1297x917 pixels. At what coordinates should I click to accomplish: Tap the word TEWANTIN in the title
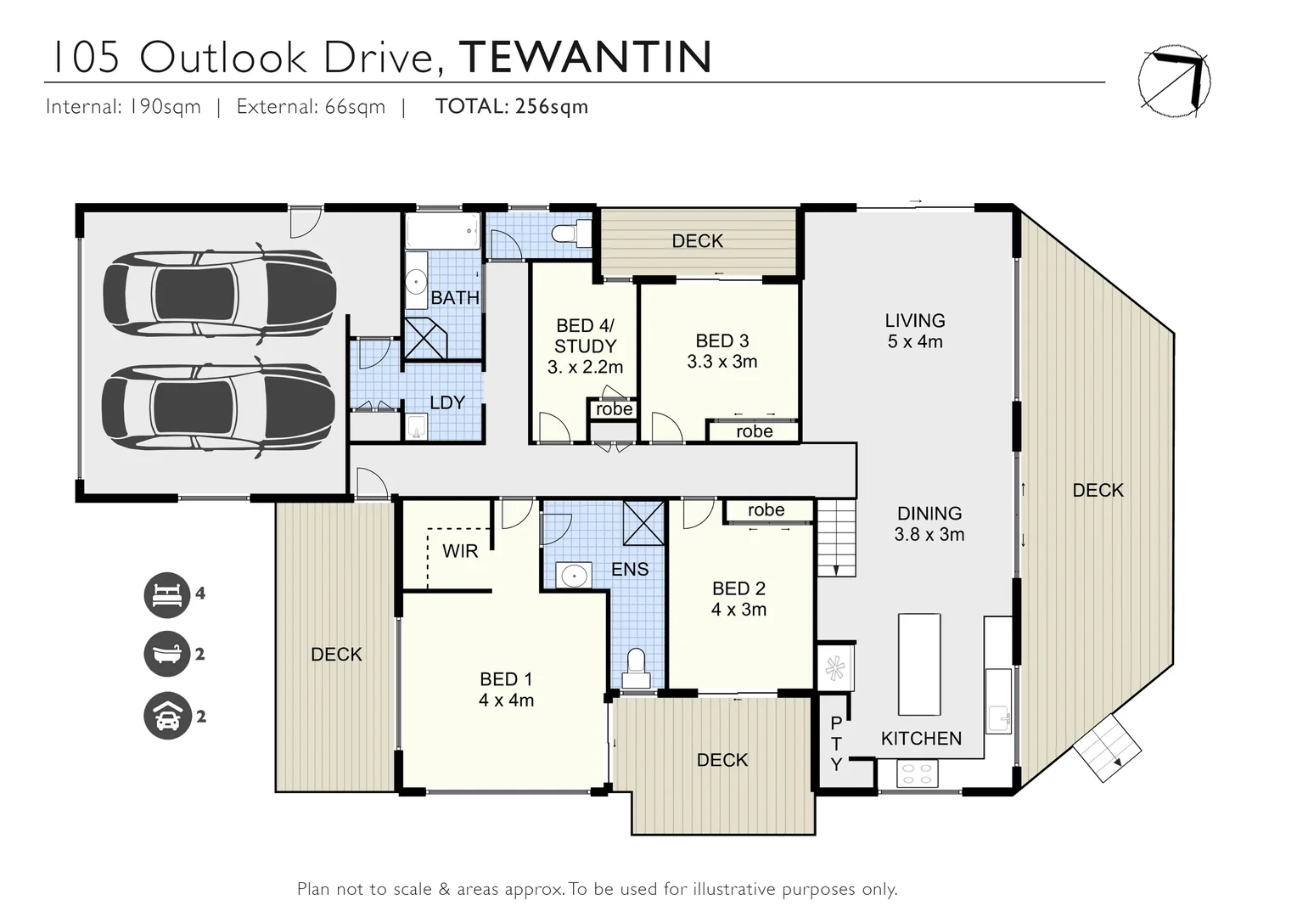(x=585, y=57)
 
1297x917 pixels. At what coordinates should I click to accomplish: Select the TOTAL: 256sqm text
(x=511, y=106)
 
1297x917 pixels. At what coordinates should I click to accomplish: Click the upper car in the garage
(x=219, y=293)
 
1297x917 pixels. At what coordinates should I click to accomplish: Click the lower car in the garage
(x=219, y=409)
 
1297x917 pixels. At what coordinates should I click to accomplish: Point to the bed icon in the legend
(x=166, y=594)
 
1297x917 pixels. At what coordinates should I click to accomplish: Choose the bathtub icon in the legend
(x=166, y=655)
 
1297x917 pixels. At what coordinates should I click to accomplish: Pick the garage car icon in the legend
(x=166, y=717)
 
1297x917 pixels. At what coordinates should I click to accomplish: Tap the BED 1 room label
(x=506, y=689)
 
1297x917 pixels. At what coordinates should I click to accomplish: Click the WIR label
(x=460, y=551)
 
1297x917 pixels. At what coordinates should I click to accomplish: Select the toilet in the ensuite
(x=636, y=670)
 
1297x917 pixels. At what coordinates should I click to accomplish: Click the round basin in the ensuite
(x=575, y=576)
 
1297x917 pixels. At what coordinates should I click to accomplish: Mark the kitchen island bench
(x=919, y=665)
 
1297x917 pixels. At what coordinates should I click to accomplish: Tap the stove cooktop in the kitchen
(x=918, y=774)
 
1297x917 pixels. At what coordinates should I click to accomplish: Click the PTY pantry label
(x=836, y=744)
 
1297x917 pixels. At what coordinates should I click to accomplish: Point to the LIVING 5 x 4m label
(x=914, y=331)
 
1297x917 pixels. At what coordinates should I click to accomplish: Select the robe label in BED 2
(x=766, y=510)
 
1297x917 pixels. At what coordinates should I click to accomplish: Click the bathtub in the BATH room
(x=442, y=231)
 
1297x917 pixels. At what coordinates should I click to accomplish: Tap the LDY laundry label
(x=446, y=402)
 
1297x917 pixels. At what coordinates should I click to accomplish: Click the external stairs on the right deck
(x=1108, y=748)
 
